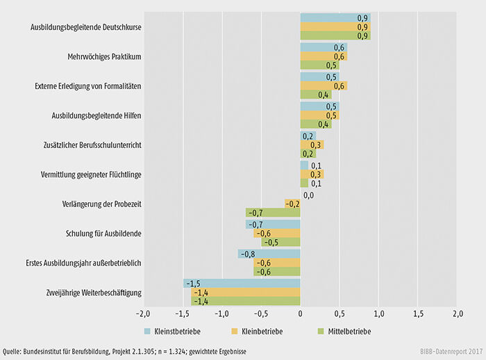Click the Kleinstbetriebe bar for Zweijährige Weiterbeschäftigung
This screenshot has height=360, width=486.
tap(242, 284)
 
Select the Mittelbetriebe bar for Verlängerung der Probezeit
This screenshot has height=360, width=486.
tap(273, 213)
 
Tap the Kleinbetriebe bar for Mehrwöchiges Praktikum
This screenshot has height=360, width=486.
tap(324, 56)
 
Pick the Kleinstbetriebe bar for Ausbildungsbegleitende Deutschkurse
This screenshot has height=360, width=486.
tap(335, 17)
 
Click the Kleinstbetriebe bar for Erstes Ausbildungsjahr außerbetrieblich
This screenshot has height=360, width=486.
tap(269, 254)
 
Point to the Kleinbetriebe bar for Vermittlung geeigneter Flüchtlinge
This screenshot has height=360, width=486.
tap(312, 174)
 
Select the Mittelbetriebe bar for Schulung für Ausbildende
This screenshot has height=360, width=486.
tap(280, 242)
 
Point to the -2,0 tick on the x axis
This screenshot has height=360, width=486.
tap(143, 313)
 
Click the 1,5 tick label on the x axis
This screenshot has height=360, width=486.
tap(418, 313)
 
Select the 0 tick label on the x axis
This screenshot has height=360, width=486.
tap(300, 313)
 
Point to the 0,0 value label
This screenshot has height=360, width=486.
tap(309, 195)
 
